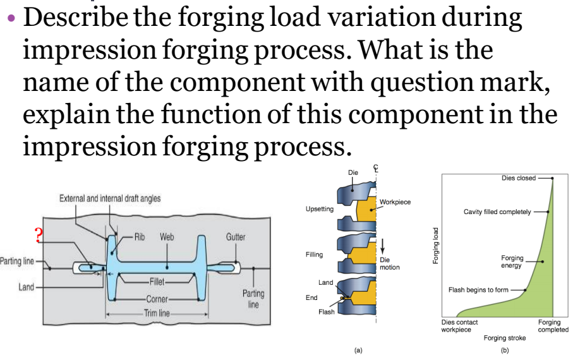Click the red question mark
point(39,236)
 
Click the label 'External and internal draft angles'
point(110,198)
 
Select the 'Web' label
point(167,237)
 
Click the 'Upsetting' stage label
point(319,208)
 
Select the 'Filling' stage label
point(314,255)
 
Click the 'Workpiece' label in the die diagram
point(395,202)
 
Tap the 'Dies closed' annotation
point(518,178)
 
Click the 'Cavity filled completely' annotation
point(497,212)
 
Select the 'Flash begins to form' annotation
point(478,290)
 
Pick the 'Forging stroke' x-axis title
point(504,338)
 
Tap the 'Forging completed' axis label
point(553,326)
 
